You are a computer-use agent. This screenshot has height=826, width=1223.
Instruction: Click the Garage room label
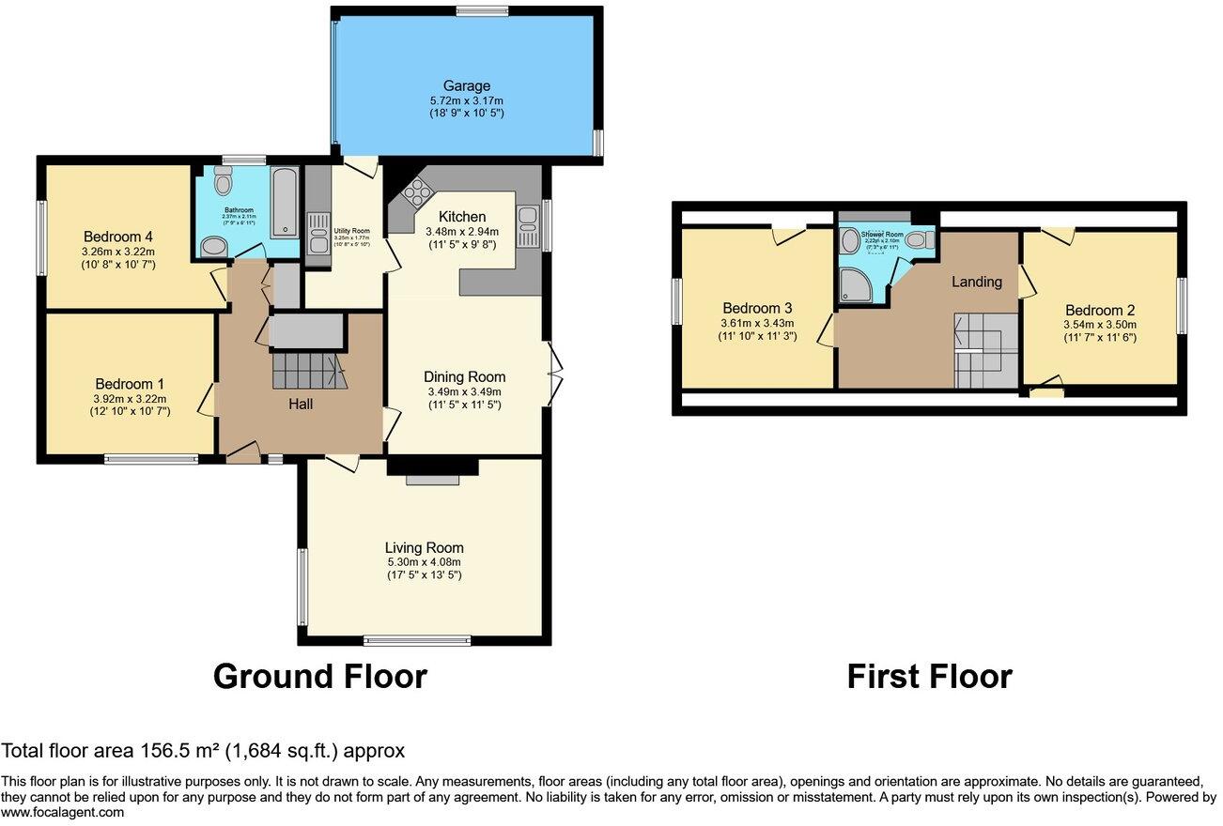467,86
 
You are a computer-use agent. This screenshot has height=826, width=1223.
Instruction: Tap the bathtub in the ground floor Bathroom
285,203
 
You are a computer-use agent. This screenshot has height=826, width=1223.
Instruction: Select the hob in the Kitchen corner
413,195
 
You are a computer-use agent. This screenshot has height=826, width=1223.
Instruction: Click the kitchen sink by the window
528,226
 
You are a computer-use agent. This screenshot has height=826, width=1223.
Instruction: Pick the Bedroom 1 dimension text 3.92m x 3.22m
130,398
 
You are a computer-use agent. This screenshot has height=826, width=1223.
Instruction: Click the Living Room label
424,548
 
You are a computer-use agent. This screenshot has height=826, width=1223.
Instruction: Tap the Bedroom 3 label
757,308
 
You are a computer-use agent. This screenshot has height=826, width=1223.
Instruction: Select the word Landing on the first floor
976,282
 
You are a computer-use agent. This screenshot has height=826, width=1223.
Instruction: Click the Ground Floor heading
319,677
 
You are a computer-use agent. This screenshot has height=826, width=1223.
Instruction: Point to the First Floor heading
929,677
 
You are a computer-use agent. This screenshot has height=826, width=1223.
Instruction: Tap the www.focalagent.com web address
62,813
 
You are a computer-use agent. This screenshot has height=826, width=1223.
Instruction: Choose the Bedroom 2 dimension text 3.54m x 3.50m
1100,324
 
